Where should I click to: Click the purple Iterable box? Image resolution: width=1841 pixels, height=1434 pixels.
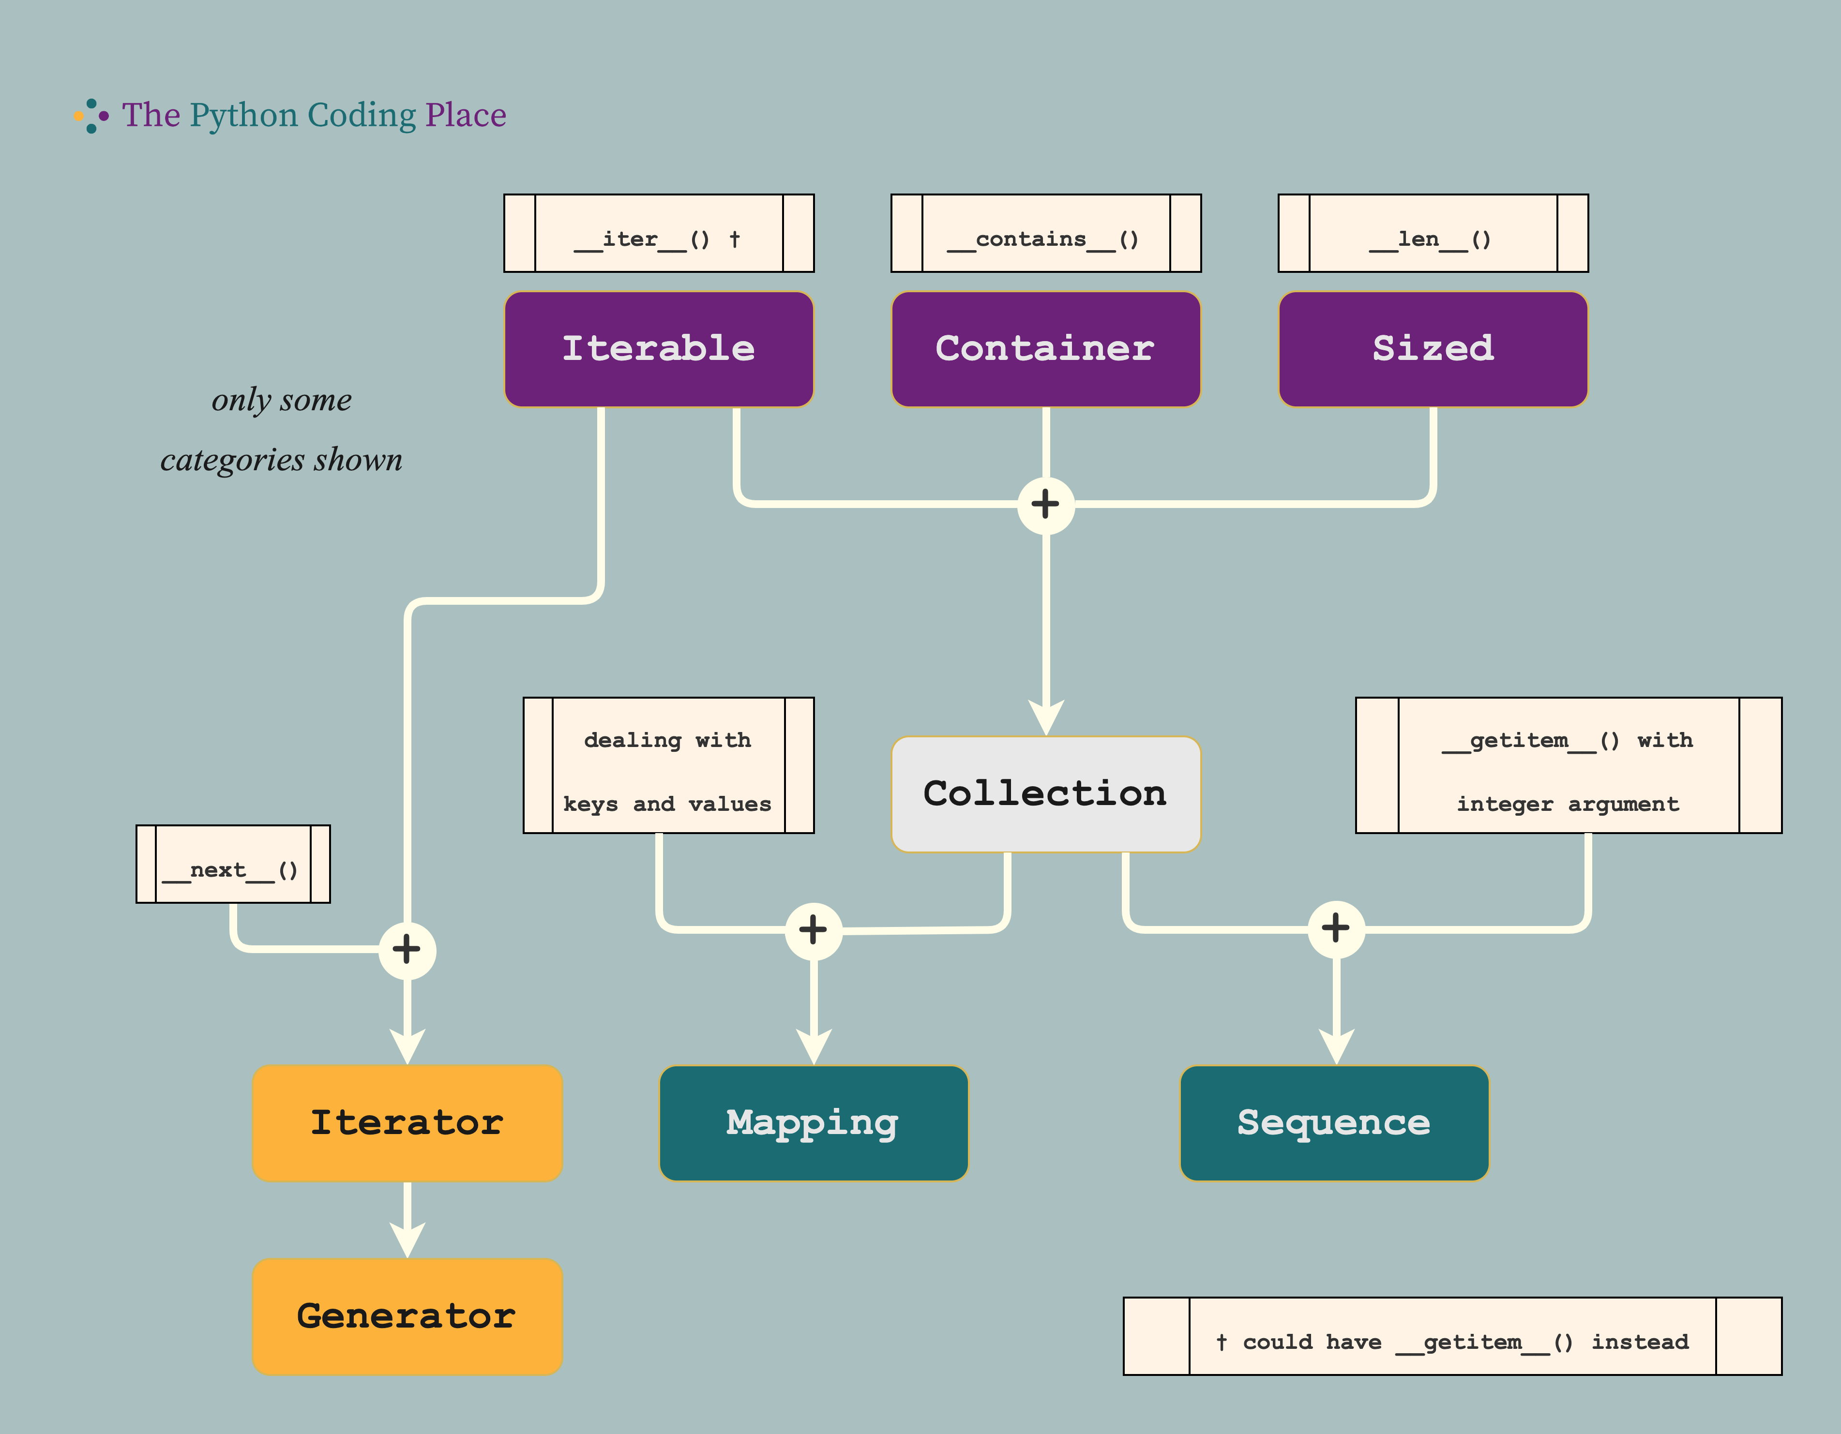coord(658,349)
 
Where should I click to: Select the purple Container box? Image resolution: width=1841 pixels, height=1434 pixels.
coord(1045,349)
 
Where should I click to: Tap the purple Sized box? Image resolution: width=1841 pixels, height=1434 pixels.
coord(1433,349)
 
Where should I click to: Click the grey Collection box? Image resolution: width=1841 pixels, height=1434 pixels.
coord(1045,793)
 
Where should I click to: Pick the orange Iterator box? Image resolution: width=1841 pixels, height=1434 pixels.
coord(407,1122)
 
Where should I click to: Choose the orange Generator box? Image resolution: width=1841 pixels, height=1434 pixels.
coord(407,1316)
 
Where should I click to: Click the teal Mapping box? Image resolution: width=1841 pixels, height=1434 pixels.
coord(814,1122)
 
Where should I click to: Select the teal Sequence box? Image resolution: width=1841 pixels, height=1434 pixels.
coord(1334,1122)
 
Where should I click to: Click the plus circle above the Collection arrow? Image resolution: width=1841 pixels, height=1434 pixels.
coord(1045,505)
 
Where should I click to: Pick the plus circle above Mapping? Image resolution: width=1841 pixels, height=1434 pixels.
coord(814,930)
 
